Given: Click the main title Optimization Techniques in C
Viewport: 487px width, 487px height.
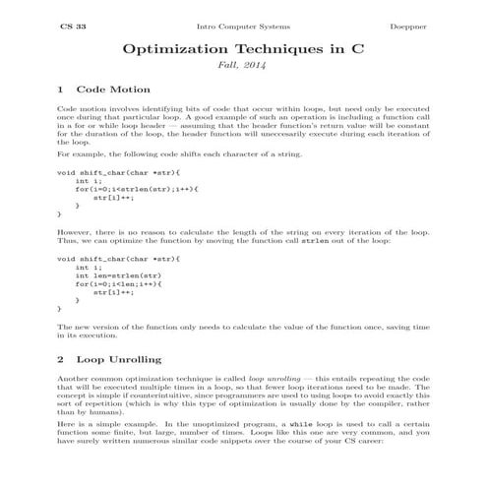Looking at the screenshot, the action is pos(243,48).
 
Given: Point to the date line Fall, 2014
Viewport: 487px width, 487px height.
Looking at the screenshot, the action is pos(243,66).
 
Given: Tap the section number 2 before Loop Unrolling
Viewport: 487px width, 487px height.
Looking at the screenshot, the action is pos(61,359).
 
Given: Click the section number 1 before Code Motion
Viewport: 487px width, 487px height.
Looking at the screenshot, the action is pos(61,90).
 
